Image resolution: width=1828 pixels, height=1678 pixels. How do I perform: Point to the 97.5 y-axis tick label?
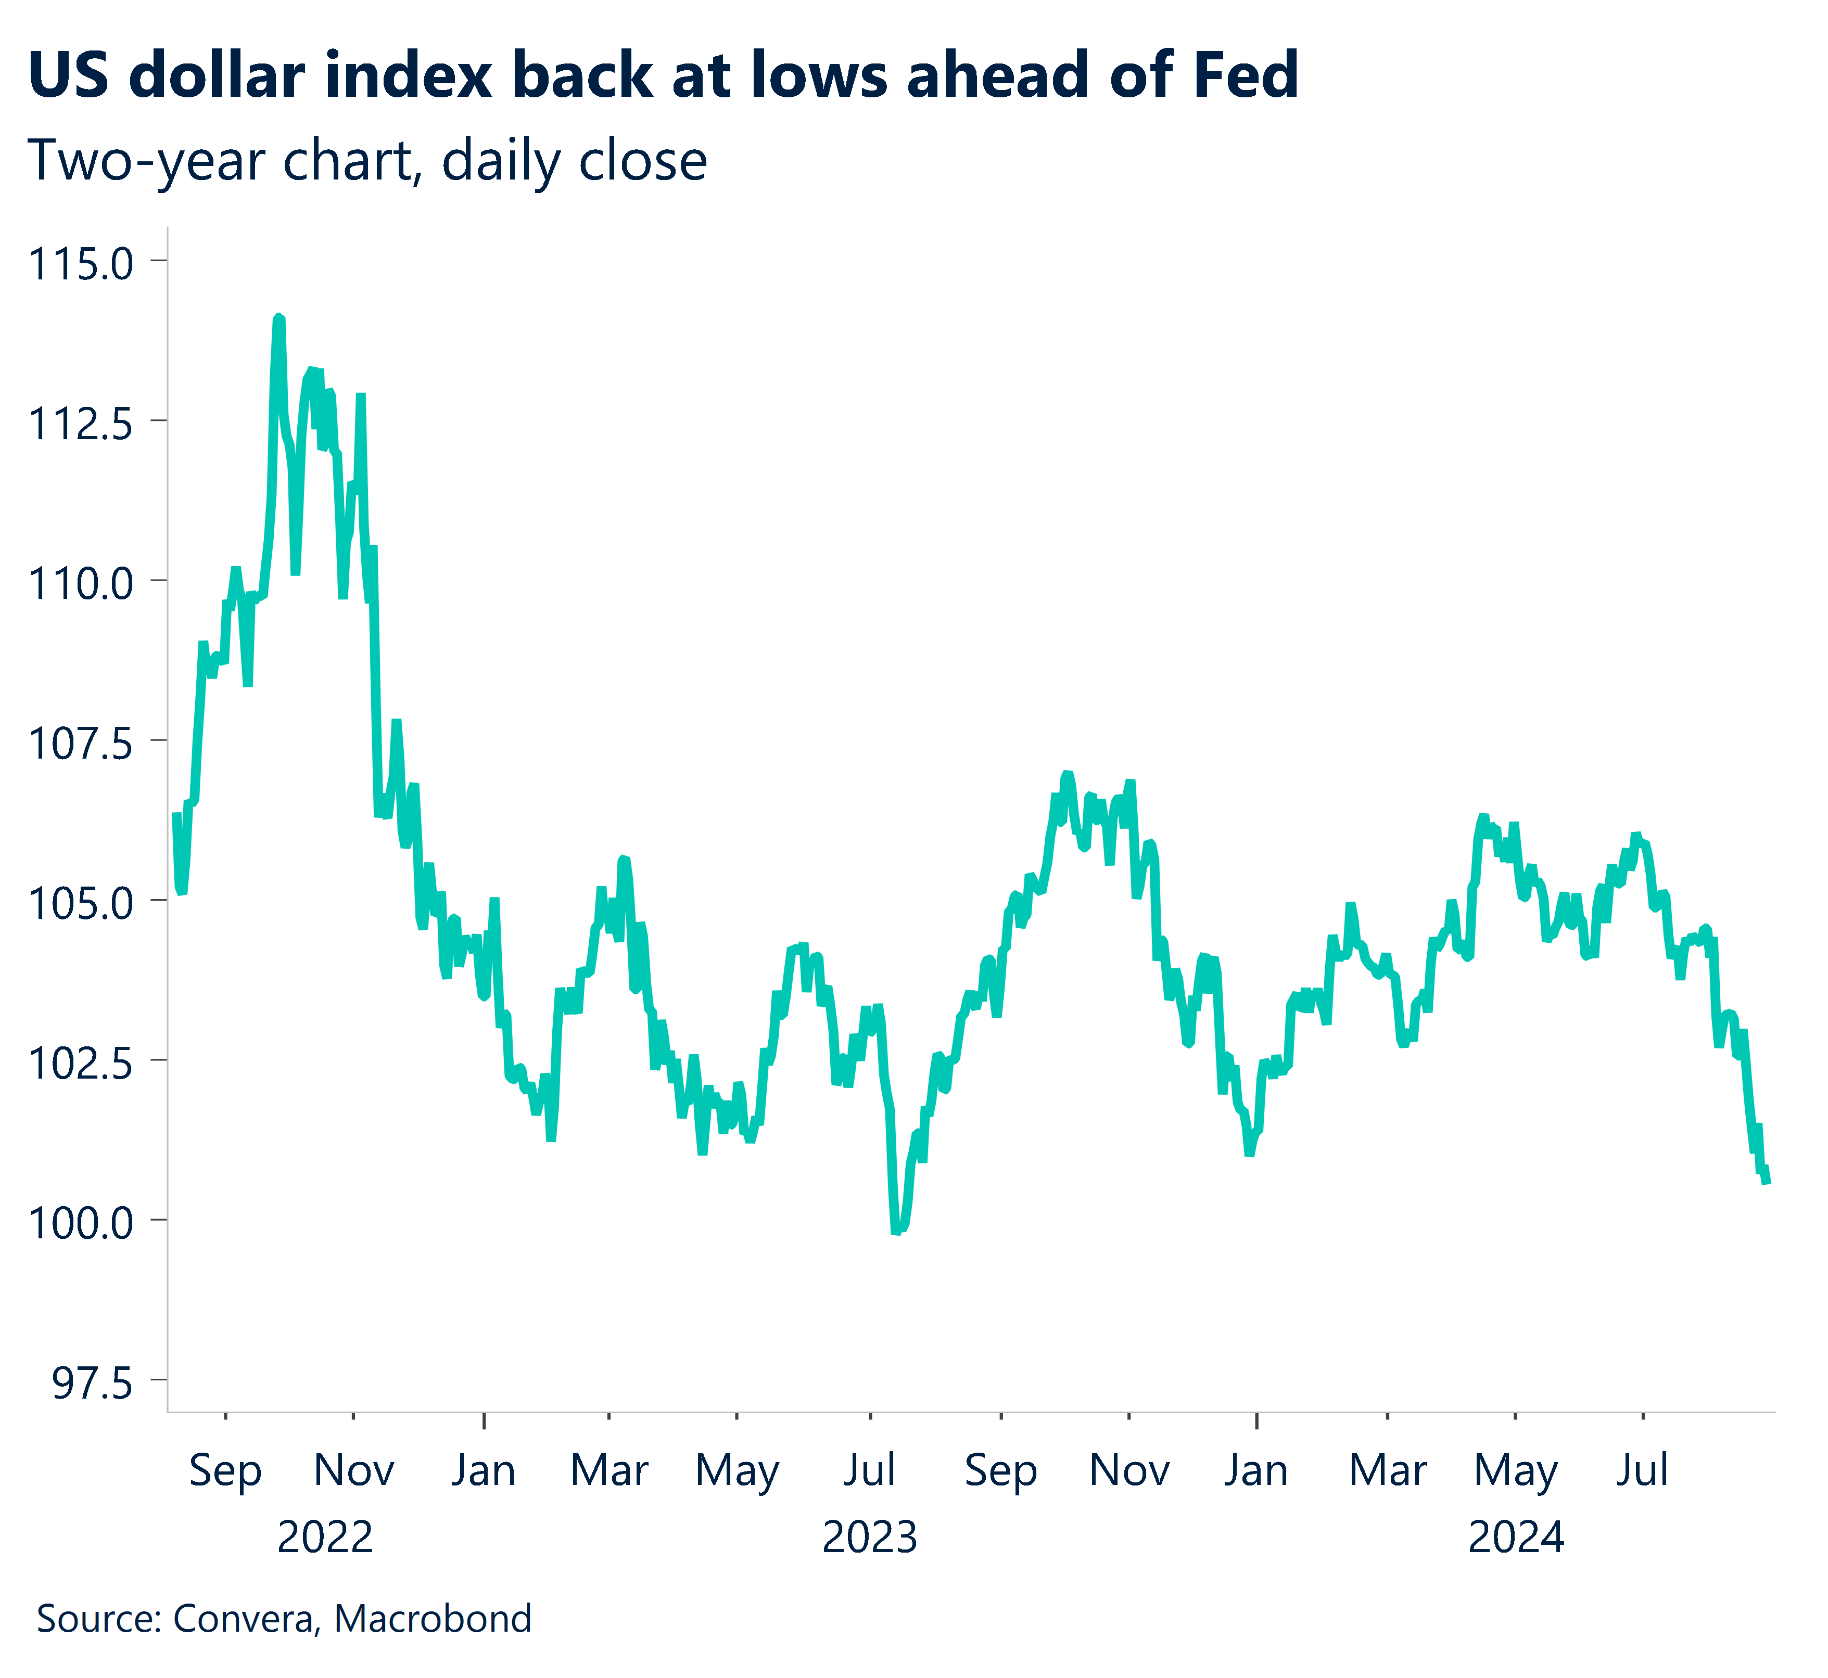pos(93,1384)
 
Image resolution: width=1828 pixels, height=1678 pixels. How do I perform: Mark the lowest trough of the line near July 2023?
pos(896,1231)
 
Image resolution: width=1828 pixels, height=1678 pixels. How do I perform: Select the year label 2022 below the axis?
pos(325,1538)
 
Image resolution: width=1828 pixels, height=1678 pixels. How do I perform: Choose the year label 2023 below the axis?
pos(869,1538)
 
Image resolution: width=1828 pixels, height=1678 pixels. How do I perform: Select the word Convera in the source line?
pos(245,1619)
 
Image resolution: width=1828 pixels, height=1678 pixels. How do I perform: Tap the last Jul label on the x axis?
pos(1642,1470)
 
